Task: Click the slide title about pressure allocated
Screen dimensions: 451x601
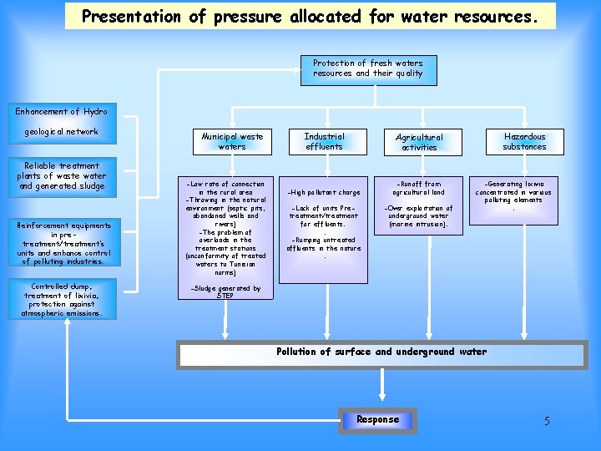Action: [x=310, y=15]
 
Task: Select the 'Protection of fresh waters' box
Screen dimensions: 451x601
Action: [x=367, y=68]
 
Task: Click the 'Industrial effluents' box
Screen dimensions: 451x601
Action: [x=324, y=141]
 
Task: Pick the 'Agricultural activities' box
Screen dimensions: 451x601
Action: [x=419, y=142]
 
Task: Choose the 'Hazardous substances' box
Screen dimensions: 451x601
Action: [x=524, y=141]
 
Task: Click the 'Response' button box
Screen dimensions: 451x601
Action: [x=377, y=419]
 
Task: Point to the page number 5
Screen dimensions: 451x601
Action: [x=547, y=421]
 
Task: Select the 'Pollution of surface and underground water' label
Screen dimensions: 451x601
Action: [x=381, y=352]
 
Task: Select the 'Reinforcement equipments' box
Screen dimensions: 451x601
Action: [x=62, y=243]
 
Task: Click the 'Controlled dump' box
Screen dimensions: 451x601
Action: [x=62, y=300]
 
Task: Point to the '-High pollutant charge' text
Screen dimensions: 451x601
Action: [x=324, y=192]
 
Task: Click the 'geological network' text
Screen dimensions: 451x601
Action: [x=61, y=131]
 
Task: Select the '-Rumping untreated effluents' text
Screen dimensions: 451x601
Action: [x=324, y=244]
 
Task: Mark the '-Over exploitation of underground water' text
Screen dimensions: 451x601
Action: [x=418, y=216]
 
